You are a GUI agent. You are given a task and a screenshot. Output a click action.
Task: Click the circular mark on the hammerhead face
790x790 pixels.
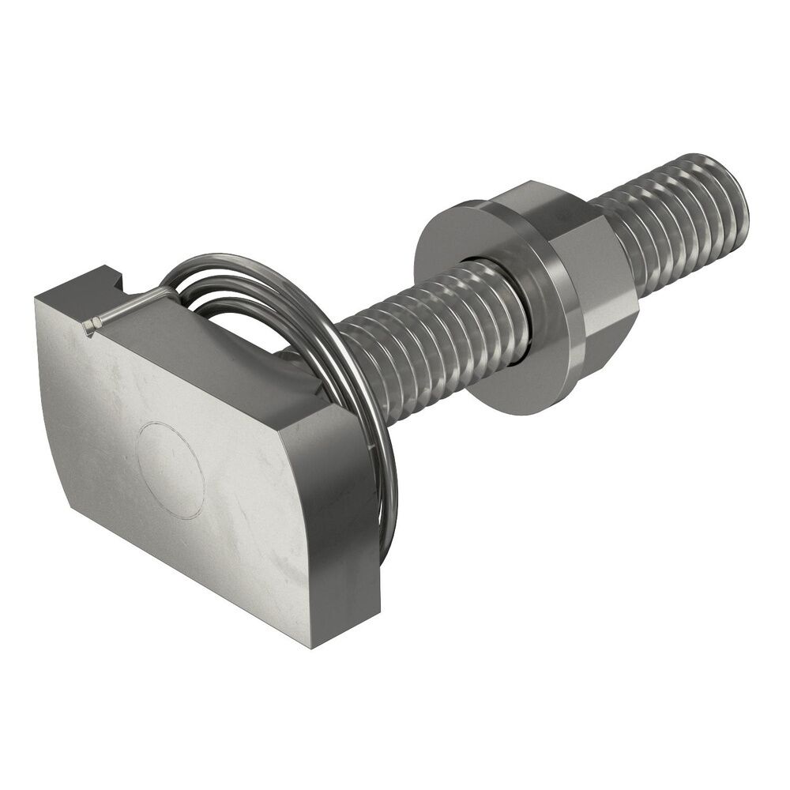pyautogui.click(x=170, y=470)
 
